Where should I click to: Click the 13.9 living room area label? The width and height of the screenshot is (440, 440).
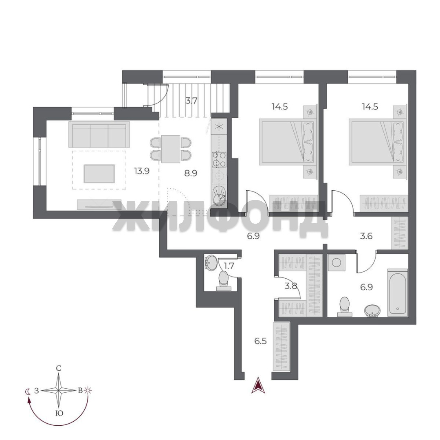tap(142, 171)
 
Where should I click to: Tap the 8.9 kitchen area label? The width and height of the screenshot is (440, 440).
tap(191, 173)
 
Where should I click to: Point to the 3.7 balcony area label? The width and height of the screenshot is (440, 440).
tap(191, 101)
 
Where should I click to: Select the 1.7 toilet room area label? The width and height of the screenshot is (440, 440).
tap(229, 266)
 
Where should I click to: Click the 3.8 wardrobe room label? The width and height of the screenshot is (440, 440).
tap(291, 286)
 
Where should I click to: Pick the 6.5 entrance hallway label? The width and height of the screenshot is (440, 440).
tap(260, 341)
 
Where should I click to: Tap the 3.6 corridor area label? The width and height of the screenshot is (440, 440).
tap(366, 236)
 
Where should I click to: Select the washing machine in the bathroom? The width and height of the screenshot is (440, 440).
tap(337, 263)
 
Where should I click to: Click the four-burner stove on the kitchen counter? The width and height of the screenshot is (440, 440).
tap(219, 159)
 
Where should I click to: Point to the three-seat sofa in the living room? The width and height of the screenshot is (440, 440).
tap(99, 134)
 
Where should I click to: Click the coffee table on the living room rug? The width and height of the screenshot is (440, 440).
tap(99, 174)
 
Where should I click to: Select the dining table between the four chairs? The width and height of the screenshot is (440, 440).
tap(171, 149)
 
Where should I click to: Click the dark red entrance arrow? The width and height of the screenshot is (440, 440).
tap(258, 385)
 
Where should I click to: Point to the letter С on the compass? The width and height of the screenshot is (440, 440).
tap(59, 368)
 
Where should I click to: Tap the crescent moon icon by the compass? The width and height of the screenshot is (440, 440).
tap(28, 391)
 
